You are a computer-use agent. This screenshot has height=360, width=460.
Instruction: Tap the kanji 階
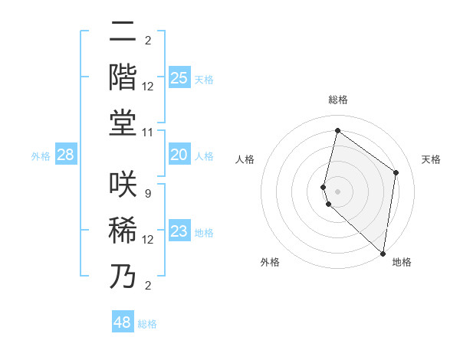click(123, 77)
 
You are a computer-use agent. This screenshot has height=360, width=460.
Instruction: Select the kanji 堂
click(123, 123)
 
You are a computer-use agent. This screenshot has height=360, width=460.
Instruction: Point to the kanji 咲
click(123, 184)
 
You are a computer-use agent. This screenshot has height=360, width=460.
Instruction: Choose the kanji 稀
click(123, 230)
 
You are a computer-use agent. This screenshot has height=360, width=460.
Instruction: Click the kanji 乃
click(123, 276)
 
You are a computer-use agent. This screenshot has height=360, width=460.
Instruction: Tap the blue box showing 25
click(179, 77)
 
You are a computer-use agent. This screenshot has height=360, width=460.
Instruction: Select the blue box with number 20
click(179, 155)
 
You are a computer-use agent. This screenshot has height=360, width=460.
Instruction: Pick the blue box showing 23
click(179, 231)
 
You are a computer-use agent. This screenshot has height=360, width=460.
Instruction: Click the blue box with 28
click(66, 155)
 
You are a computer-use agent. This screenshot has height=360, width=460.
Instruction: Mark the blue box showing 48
click(123, 322)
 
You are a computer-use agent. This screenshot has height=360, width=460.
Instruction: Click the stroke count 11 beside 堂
click(148, 133)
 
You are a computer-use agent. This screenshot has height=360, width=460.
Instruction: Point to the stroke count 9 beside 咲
click(148, 193)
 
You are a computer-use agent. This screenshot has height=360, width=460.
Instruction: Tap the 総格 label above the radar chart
click(337, 100)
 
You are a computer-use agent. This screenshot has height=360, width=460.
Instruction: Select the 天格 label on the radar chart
click(431, 159)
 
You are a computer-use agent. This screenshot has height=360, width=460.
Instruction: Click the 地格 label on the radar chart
click(402, 262)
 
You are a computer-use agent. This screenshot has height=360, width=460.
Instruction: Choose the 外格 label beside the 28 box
click(41, 156)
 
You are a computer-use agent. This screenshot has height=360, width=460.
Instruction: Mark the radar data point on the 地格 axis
click(383, 253)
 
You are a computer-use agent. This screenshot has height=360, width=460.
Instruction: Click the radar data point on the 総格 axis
click(337, 130)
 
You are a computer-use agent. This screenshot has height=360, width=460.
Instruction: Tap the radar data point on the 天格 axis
click(396, 172)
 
